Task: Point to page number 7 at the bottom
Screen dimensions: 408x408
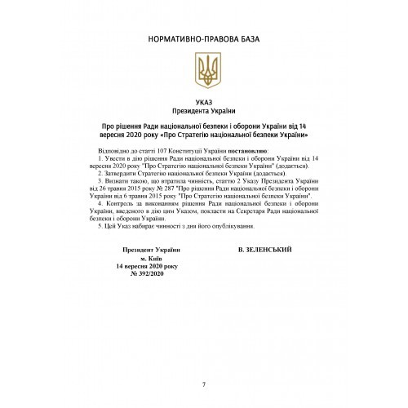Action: (x=203, y=384)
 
